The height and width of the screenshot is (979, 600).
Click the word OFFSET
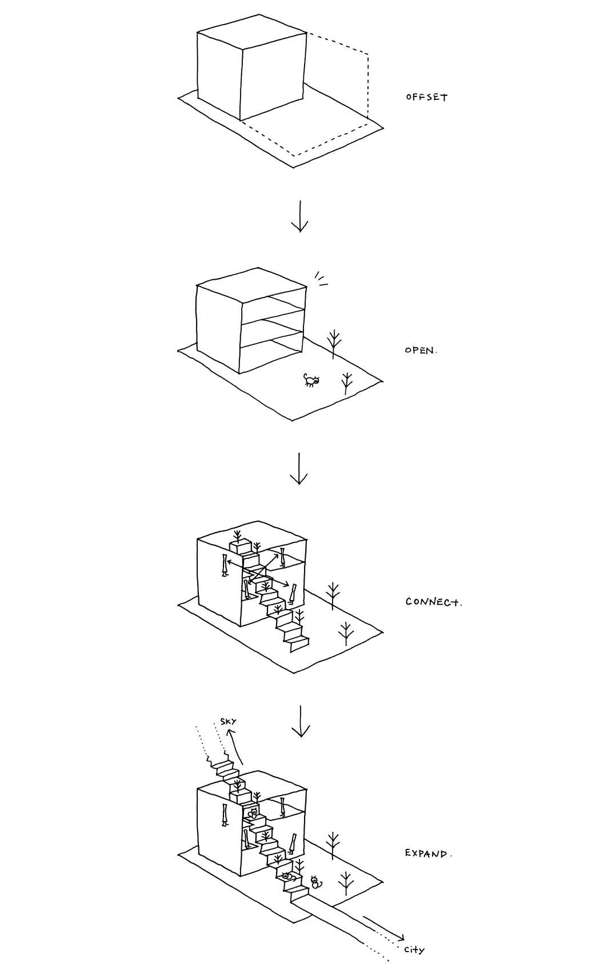tap(426, 97)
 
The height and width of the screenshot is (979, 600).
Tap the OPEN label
tap(421, 350)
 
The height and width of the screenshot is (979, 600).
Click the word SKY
tap(228, 722)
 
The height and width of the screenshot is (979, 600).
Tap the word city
tap(414, 950)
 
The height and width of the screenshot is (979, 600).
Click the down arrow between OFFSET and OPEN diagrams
tap(299, 216)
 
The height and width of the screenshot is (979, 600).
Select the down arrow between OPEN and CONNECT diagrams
tap(299, 469)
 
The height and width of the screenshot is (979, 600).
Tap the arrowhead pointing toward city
tap(401, 937)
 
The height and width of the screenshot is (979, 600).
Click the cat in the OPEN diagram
tap(311, 381)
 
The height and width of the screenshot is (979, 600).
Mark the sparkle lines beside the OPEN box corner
tap(321, 278)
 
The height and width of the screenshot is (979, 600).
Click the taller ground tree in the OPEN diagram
tap(335, 343)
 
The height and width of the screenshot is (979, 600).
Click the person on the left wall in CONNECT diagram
tap(225, 565)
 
